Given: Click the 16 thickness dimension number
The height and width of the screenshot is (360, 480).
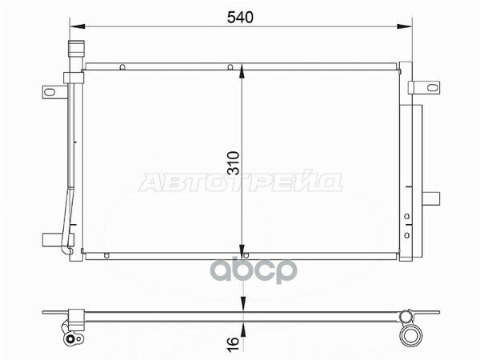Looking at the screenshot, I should coord(232,339).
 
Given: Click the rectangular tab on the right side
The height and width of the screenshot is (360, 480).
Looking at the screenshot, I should coord(431,197).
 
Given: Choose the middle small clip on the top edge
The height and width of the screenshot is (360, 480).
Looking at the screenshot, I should coord(229,67).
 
